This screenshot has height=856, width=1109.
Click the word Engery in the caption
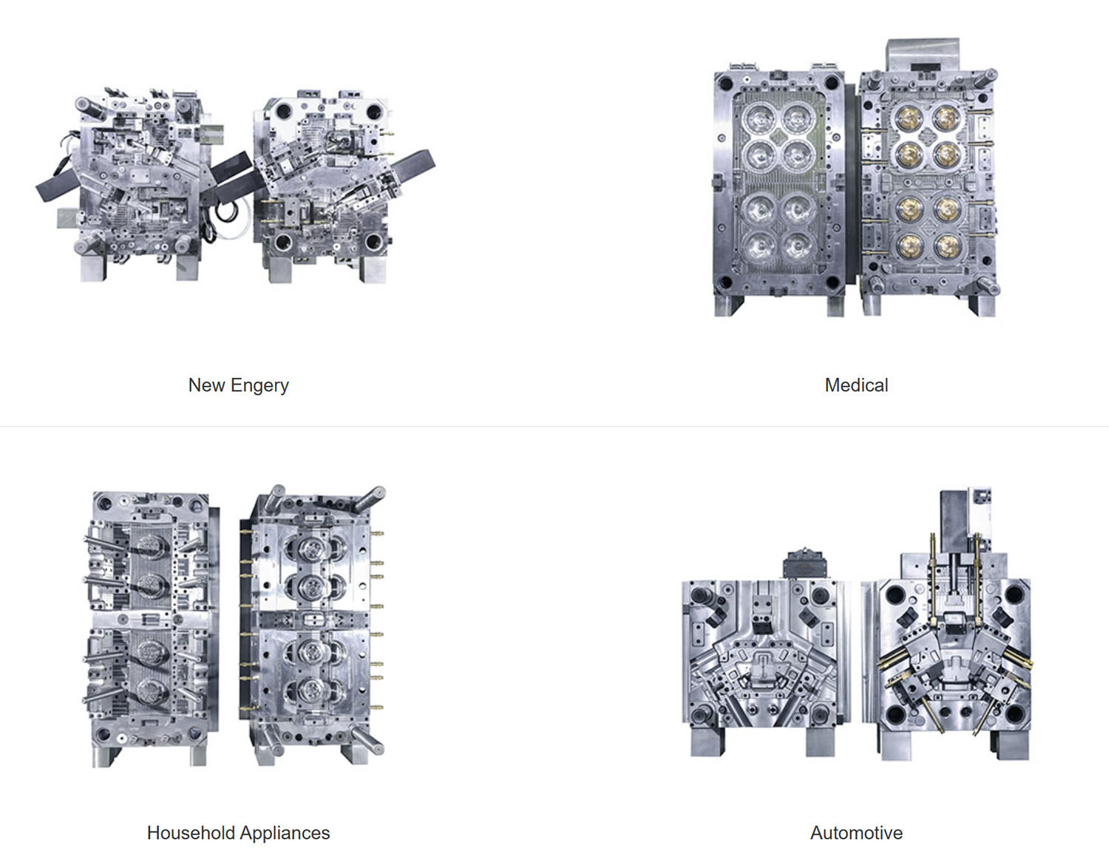click(x=260, y=385)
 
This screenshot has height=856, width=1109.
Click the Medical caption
click(x=856, y=385)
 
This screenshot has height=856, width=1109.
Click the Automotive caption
click(x=856, y=833)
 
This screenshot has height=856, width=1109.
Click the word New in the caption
click(x=207, y=385)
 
